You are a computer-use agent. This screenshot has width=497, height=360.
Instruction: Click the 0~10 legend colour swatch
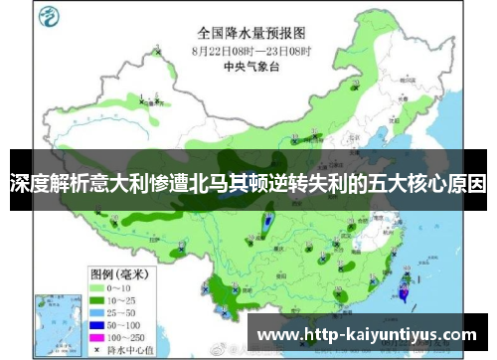(99, 259)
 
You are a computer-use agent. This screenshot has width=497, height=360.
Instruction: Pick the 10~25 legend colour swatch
(99, 270)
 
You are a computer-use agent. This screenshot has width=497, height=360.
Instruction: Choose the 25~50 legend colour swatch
(99, 283)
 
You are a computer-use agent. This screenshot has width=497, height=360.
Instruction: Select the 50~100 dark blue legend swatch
(99, 296)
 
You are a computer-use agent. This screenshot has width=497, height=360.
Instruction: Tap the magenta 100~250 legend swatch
(99, 309)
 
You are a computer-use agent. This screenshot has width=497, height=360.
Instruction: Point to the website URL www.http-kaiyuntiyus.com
(367, 334)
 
